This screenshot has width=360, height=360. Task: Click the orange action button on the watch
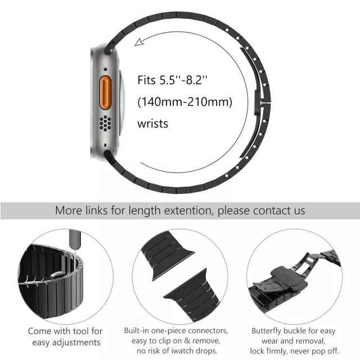(105, 93)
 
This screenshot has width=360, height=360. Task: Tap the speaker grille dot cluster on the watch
(105, 123)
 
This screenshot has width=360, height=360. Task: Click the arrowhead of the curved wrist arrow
(139, 42)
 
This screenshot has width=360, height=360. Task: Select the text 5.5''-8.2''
(183, 80)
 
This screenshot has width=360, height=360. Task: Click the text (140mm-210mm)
(185, 102)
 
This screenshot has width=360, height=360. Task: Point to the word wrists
(152, 124)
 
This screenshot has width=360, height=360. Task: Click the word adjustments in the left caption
(76, 343)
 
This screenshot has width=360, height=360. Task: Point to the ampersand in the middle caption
(187, 341)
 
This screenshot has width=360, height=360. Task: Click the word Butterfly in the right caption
(266, 331)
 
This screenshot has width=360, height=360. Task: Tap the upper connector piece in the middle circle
(166, 255)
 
